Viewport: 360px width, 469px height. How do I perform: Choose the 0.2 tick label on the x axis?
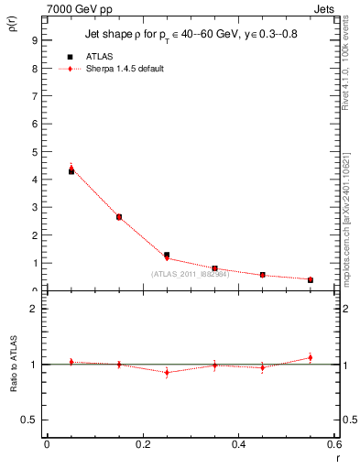point(142,444)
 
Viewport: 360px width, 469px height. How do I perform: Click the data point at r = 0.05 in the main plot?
point(71,170)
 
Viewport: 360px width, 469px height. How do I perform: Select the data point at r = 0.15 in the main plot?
point(119,217)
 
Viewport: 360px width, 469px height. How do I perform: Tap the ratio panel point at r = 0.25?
point(167,372)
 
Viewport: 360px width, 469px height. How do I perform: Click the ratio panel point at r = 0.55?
point(311,357)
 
